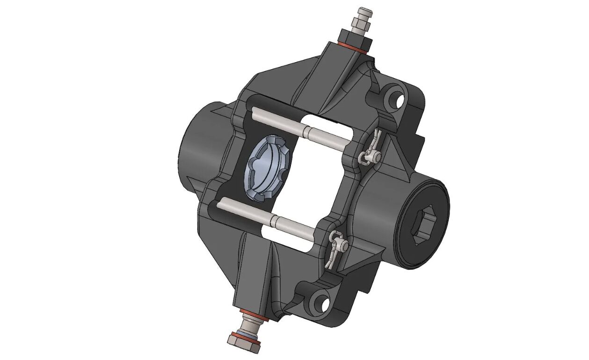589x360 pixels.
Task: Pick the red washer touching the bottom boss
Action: click(253, 312)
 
